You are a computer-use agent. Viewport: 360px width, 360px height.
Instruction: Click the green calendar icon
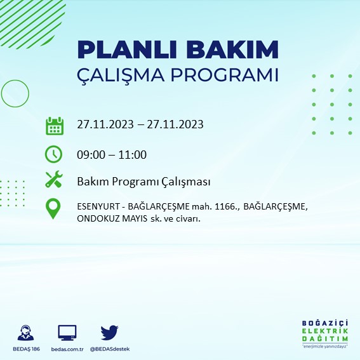55,125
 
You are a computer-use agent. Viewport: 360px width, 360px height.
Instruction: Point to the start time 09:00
90,154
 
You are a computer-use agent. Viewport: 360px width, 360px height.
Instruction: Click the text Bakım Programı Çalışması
143,182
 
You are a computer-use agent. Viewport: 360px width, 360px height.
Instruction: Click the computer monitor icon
67,332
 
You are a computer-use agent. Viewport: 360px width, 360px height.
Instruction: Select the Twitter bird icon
109,332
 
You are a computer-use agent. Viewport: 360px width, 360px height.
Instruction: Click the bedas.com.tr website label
67,349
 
